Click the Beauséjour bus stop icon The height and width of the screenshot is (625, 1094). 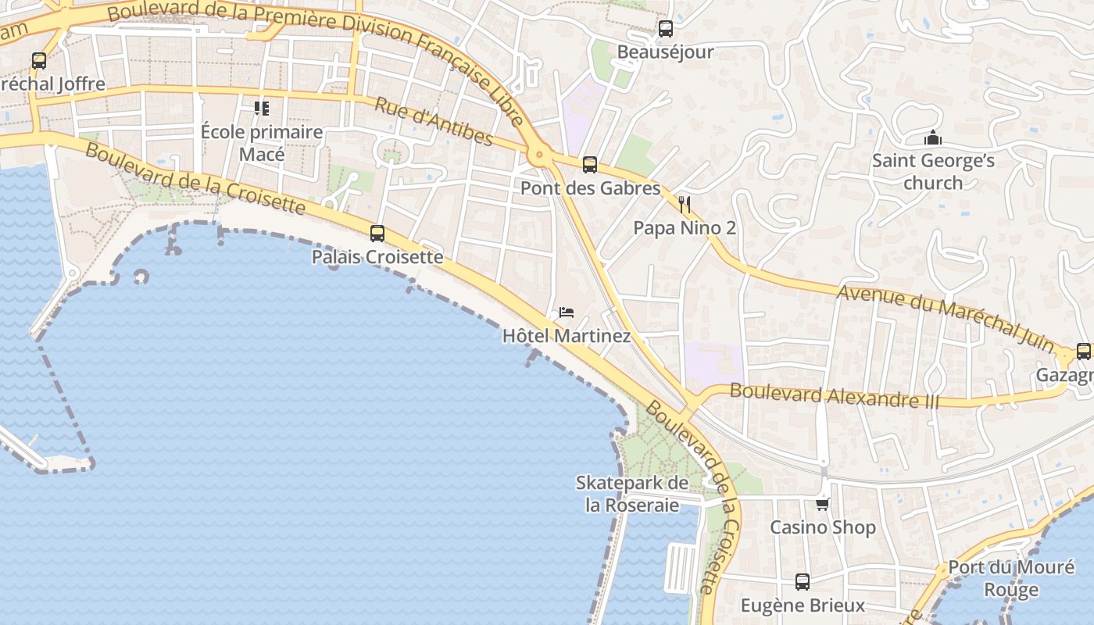click(x=665, y=29)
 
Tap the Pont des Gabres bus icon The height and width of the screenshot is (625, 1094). click(x=590, y=165)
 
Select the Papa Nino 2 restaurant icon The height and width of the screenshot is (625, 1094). click(x=685, y=205)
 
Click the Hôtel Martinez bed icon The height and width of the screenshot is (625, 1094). click(x=567, y=312)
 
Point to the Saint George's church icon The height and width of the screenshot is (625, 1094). click(x=932, y=138)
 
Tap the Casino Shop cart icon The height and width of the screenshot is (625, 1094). click(x=822, y=504)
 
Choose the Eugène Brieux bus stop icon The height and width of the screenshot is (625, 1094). click(x=803, y=582)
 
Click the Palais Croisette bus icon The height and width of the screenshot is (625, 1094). click(x=377, y=233)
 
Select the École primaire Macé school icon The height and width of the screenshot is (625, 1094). click(x=261, y=108)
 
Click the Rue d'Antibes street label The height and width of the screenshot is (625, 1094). click(x=434, y=121)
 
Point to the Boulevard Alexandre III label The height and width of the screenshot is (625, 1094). click(x=834, y=395)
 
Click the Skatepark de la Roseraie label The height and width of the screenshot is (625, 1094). click(x=632, y=494)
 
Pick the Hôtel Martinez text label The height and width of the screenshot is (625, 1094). click(x=566, y=337)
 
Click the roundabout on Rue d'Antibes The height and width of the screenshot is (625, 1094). click(x=538, y=155)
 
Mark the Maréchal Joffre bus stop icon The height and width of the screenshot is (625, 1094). click(x=38, y=60)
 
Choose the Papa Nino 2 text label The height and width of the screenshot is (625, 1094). click(x=685, y=228)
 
